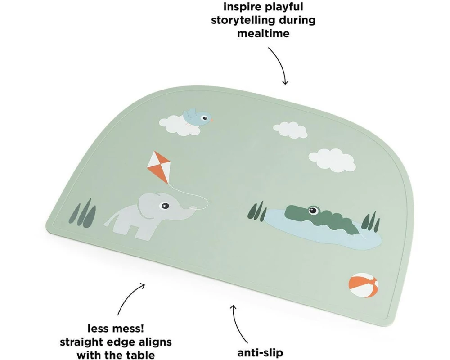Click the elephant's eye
[x=165, y=206]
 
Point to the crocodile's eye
[x=313, y=211]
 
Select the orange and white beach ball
[x=363, y=285]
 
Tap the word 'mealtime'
[x=263, y=34]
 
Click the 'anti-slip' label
[x=260, y=352]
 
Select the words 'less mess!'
[x=116, y=328]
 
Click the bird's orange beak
[x=212, y=120]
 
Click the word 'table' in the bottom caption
[x=140, y=355]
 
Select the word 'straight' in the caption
[x=82, y=342]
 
